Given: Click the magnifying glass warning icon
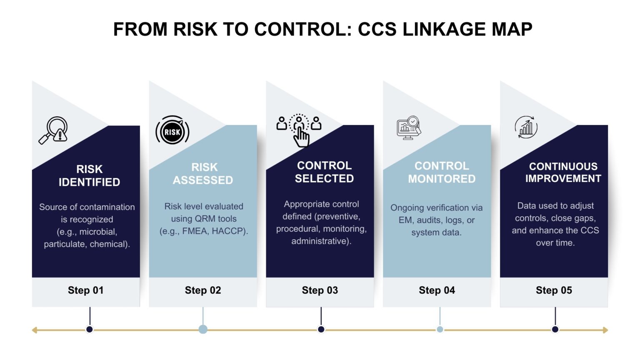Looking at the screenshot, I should click(x=54, y=130).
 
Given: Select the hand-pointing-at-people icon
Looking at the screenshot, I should click(x=299, y=130).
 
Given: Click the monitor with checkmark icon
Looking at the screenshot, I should click(x=408, y=127).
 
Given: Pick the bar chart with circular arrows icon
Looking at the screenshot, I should click(x=526, y=127).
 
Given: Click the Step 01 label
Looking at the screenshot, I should click(x=85, y=290).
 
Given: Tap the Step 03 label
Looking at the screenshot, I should click(x=320, y=290).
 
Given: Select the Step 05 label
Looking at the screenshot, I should click(x=554, y=290).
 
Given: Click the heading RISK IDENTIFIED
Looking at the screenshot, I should click(x=89, y=175).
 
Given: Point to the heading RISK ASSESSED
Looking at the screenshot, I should click(x=203, y=174).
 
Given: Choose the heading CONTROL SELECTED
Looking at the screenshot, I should click(x=324, y=172).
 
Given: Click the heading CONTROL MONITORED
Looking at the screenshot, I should click(x=442, y=172).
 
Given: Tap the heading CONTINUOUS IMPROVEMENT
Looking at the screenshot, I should click(x=563, y=172).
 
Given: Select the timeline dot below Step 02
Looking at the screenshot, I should click(x=203, y=330).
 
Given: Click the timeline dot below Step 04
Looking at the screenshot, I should click(x=440, y=330).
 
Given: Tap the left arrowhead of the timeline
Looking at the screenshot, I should click(x=35, y=330).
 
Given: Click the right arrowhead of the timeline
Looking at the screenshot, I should click(x=605, y=330).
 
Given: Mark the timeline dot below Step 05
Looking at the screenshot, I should click(x=555, y=330).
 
